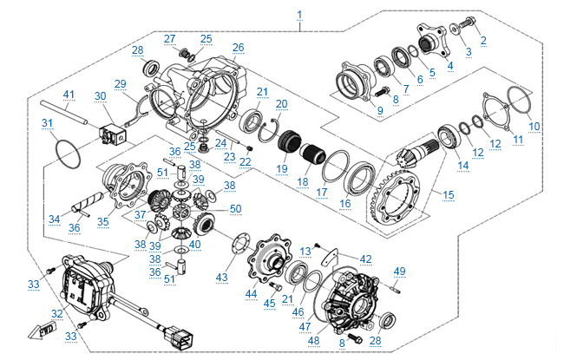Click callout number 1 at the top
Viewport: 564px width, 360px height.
(x=299, y=15)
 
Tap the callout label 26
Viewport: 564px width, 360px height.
(x=239, y=47)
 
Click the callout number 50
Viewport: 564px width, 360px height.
(x=235, y=209)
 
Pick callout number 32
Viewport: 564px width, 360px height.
(x=58, y=314)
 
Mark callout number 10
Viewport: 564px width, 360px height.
(x=534, y=127)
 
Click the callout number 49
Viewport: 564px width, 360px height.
(x=400, y=272)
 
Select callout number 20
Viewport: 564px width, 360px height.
(x=281, y=103)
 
